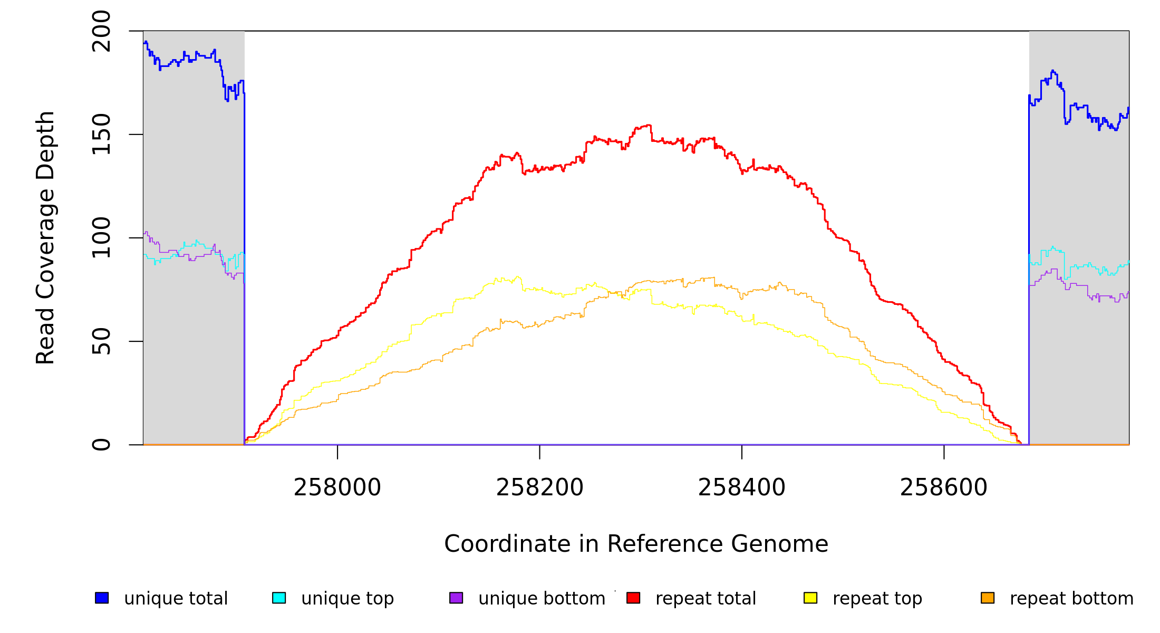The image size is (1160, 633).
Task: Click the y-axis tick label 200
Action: pyautogui.click(x=101, y=31)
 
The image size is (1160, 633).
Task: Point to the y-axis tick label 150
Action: pyautogui.click(x=101, y=135)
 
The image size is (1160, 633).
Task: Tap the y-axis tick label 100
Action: pyautogui.click(x=101, y=238)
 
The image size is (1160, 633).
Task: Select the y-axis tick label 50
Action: pyautogui.click(x=101, y=341)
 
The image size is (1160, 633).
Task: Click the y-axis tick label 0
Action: pyautogui.click(x=101, y=445)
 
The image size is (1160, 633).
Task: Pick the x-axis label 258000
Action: pyautogui.click(x=337, y=487)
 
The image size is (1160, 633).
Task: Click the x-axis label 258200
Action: pyautogui.click(x=539, y=487)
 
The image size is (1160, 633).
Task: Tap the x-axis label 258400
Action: pyautogui.click(x=742, y=487)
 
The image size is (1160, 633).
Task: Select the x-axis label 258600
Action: pyautogui.click(x=944, y=487)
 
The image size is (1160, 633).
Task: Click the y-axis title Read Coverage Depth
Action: pyautogui.click(x=45, y=237)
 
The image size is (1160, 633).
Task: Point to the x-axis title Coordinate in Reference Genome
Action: pyautogui.click(x=636, y=544)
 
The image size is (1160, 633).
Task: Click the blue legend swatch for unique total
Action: pyautogui.click(x=102, y=598)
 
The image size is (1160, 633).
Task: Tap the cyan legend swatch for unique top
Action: pyautogui.click(x=279, y=598)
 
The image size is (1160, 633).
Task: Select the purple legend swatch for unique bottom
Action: pyautogui.click(x=456, y=598)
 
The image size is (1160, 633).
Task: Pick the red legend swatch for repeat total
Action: pyautogui.click(x=633, y=598)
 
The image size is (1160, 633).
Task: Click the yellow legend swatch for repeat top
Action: pyautogui.click(x=810, y=598)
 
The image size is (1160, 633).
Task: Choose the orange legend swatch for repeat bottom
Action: pyautogui.click(x=988, y=598)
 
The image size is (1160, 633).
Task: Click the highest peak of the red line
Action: pyautogui.click(x=648, y=125)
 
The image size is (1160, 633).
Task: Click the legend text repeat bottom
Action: pyautogui.click(x=1071, y=598)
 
